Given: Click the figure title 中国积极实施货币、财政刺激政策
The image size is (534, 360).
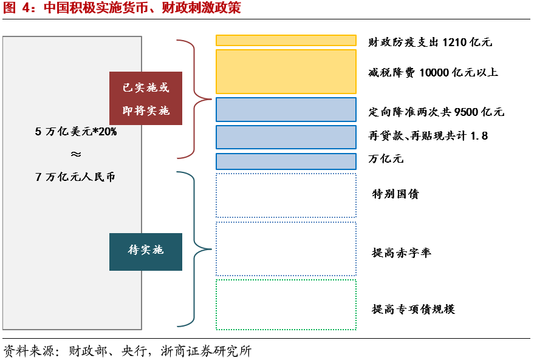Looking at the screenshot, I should pos(142,8).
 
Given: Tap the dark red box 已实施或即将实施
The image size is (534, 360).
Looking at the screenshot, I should pos(146,98).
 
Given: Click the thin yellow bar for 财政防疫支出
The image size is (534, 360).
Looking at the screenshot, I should pos(286,41).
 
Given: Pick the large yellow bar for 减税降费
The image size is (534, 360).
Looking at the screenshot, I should pos(286,72).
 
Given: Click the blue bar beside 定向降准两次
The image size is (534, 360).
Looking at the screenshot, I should pos(286,110).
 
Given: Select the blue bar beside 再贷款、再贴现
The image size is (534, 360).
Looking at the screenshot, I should pos(286,137).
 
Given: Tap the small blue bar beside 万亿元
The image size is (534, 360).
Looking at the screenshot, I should pos(286,161).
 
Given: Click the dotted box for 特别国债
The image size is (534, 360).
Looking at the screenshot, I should pos(286,195).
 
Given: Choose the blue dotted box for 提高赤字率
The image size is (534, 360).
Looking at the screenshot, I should pos(286,249).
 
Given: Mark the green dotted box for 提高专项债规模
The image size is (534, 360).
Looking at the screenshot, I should pos(286,305).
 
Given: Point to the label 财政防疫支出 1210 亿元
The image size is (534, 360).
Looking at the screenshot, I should pos(430,42).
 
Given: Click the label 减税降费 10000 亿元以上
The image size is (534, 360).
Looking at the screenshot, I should pos(433,72).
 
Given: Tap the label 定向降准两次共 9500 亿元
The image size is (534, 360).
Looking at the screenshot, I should pos(436,112).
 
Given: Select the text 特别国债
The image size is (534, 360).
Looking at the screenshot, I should pos(395,194).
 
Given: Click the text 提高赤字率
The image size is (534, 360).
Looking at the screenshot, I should pos(402,253).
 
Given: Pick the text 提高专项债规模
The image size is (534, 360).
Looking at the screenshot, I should pos(413,309).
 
